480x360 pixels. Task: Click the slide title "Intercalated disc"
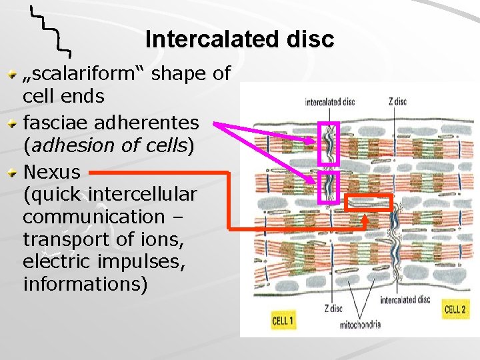click(x=239, y=39)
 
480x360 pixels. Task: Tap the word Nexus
click(x=51, y=172)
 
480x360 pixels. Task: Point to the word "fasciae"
click(x=55, y=123)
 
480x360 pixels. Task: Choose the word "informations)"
click(x=85, y=284)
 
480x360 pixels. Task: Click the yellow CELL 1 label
click(x=283, y=320)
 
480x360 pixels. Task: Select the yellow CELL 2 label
click(x=455, y=309)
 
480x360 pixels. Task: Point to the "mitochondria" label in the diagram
click(x=359, y=325)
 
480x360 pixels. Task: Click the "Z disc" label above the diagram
click(x=397, y=102)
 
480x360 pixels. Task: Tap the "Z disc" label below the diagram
click(x=333, y=308)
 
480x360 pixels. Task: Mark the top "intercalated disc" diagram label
click(x=329, y=102)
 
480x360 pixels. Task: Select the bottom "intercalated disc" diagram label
click(x=405, y=300)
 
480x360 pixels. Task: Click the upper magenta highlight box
click(x=329, y=143)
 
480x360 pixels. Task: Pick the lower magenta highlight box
click(x=329, y=187)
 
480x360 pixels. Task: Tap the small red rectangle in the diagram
click(x=369, y=203)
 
